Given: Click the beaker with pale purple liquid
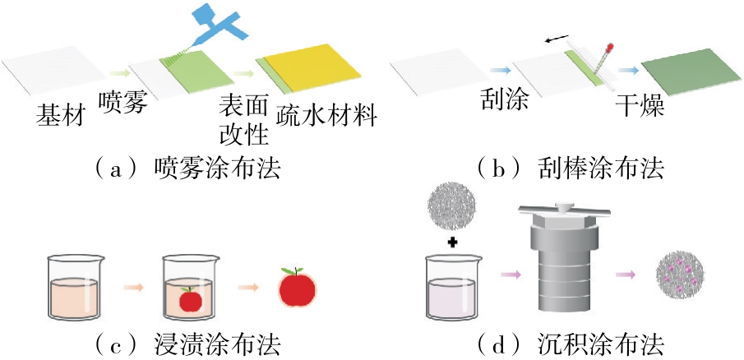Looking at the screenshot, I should pyautogui.click(x=451, y=292).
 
